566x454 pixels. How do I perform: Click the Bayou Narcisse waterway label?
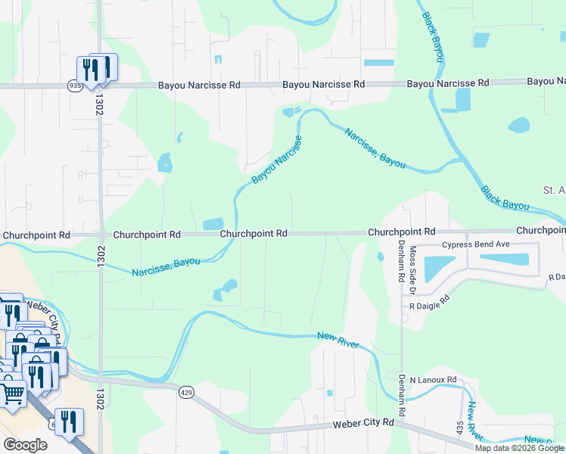(x=277, y=160)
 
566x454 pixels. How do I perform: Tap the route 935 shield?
(x=74, y=86)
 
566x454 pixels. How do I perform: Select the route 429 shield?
(x=186, y=392)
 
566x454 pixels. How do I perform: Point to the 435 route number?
(x=460, y=427)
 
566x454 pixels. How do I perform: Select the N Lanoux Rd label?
(x=434, y=379)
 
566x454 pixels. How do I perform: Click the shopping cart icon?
(x=13, y=393)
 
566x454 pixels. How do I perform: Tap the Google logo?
(x=26, y=445)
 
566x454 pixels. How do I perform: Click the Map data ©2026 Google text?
(x=520, y=448)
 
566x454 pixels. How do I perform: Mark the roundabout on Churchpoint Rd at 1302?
(x=101, y=235)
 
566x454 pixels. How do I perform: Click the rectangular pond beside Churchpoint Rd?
(x=213, y=224)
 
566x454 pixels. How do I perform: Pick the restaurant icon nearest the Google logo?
(x=69, y=422)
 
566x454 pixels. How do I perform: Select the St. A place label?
(x=554, y=188)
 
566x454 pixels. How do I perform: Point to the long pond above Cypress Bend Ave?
(x=504, y=259)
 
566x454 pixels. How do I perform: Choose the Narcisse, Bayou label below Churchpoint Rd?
(x=166, y=266)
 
